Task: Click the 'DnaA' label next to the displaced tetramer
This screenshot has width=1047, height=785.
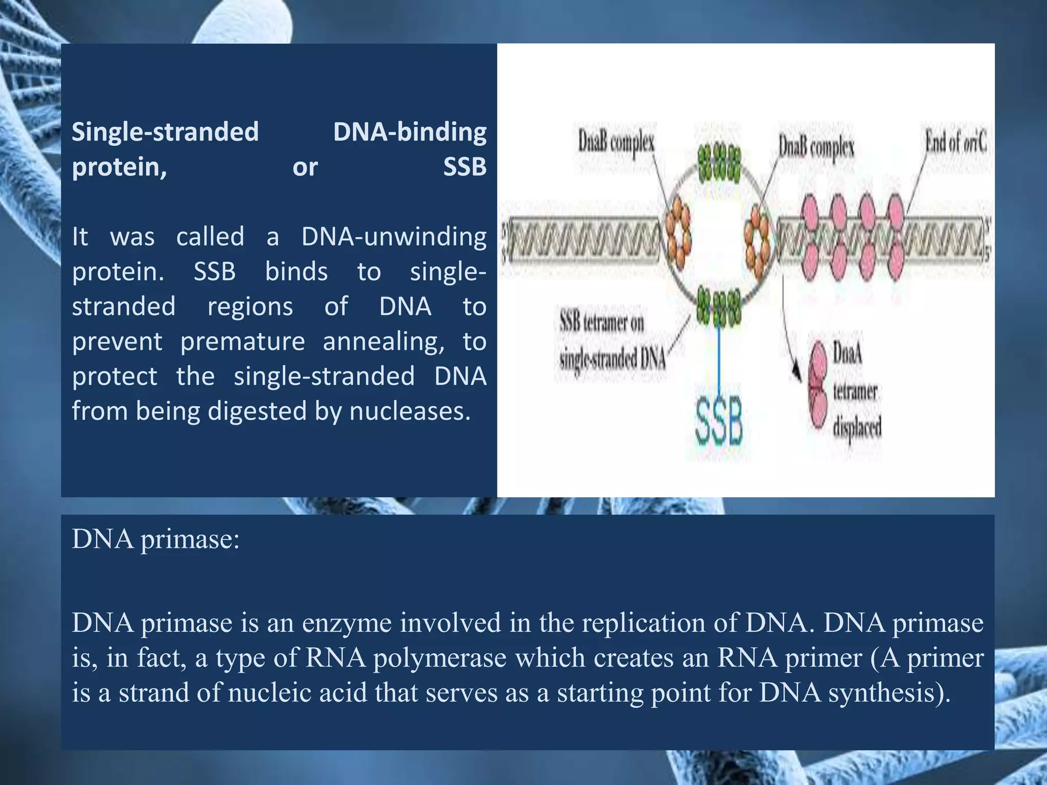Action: (848, 353)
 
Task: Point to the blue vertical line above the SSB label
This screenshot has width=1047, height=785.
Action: (719, 358)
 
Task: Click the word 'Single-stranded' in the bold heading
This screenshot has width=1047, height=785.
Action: (165, 132)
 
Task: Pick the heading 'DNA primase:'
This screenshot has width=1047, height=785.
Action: (156, 539)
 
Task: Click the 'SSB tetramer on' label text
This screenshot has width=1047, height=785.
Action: (602, 323)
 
